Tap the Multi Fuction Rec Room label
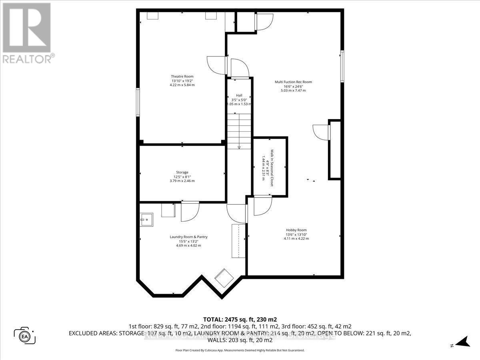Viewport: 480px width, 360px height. pos(293,82)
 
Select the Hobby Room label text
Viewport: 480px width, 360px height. pos(296,230)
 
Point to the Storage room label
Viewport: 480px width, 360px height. pos(182,172)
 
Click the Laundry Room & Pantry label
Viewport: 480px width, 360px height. pos(188,237)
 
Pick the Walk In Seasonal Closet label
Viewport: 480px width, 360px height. pos(272,168)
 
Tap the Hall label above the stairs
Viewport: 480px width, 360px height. pos(239,95)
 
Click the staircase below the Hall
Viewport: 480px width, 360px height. pos(239,130)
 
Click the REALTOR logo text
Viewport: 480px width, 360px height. pos(27,59)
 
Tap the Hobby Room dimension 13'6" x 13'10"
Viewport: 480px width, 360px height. pos(296,234)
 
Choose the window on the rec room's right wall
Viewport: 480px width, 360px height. pos(342,66)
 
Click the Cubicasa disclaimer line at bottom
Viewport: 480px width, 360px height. pos(240,350)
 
